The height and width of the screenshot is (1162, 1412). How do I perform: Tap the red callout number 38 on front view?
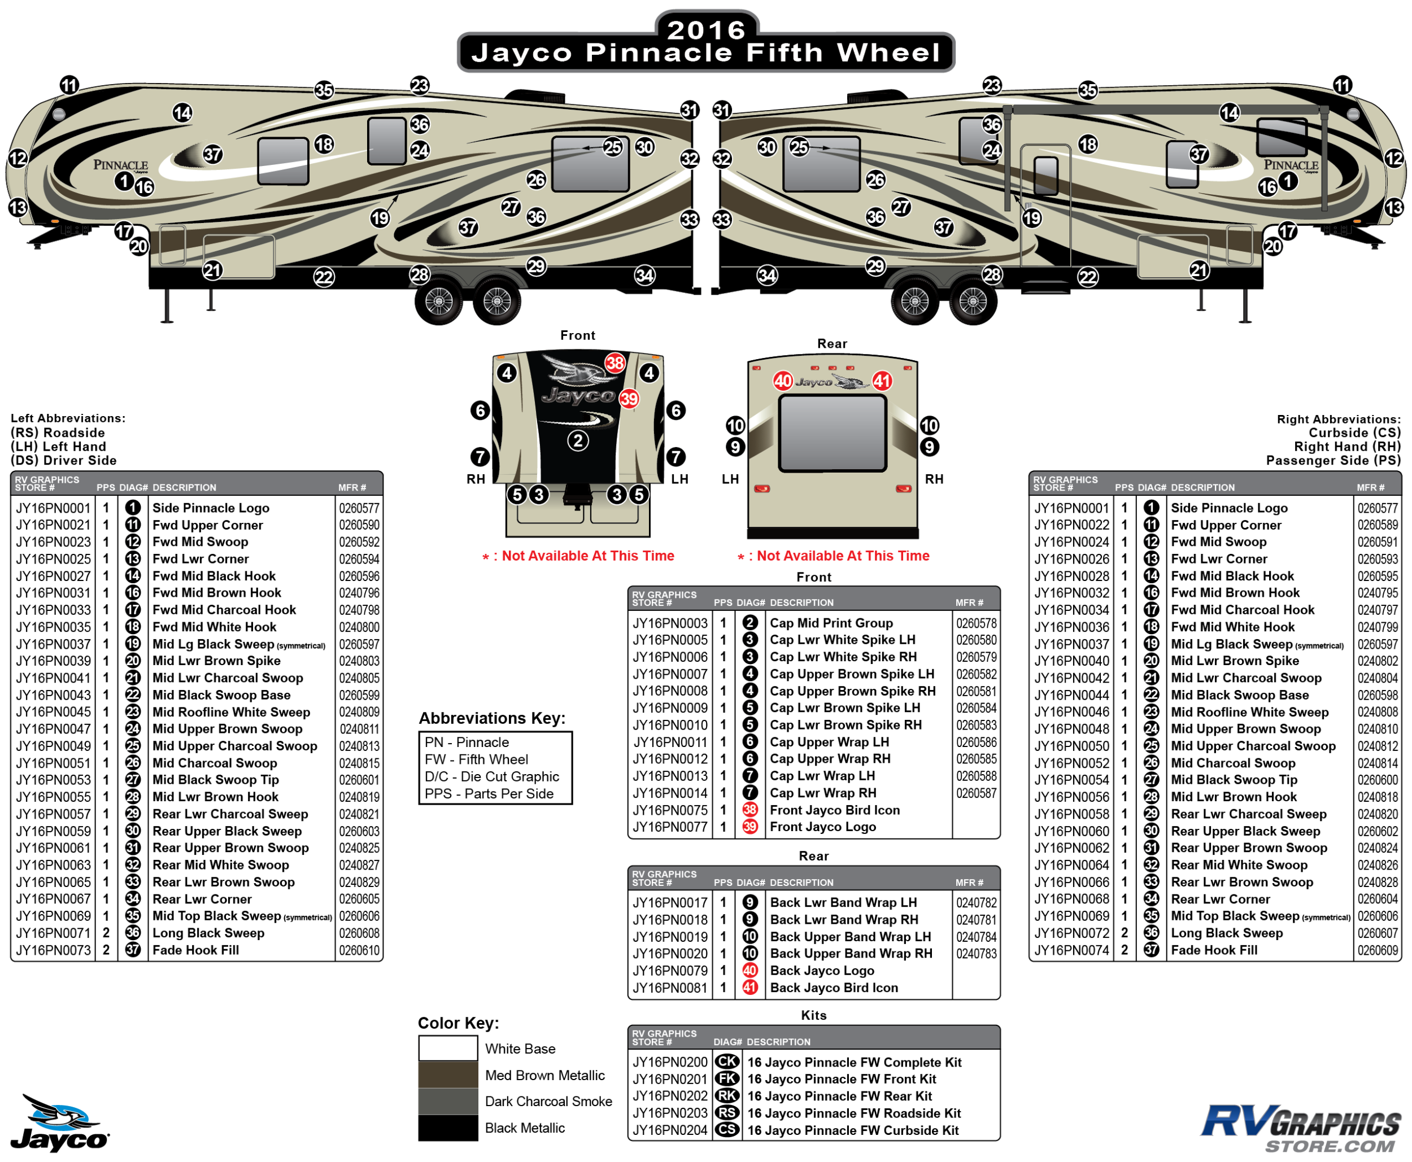point(615,363)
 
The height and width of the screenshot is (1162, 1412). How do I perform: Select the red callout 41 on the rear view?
point(881,381)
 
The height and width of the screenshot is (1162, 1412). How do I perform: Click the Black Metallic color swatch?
point(448,1128)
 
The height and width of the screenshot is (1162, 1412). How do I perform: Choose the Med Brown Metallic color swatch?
point(448,1075)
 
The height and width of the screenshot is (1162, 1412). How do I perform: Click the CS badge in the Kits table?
point(726,1130)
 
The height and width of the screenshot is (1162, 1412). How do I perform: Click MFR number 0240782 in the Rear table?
point(976,903)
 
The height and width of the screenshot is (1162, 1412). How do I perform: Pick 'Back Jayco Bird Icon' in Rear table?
point(834,988)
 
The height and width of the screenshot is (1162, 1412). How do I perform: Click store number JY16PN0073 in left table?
point(53,950)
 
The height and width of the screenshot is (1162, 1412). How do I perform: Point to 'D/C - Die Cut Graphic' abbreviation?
point(491,776)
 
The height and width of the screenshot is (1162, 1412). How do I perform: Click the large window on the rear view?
point(833,433)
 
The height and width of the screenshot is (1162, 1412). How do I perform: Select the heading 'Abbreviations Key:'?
point(491,718)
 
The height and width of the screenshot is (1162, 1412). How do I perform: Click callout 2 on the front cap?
point(578,440)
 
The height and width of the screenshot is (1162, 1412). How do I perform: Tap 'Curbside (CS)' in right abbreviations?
point(1354,433)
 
